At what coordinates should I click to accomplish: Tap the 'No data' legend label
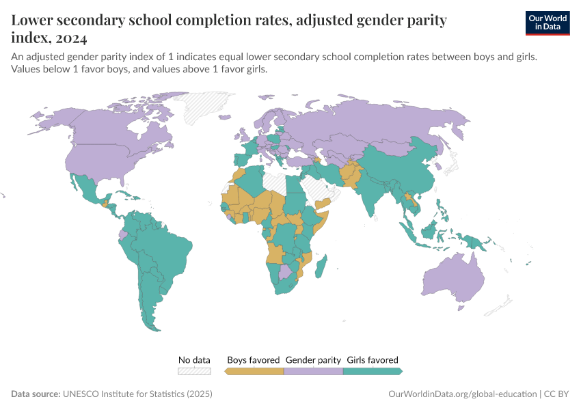click(194, 359)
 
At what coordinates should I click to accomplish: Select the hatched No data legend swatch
click(194, 371)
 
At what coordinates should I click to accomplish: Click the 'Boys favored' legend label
click(254, 359)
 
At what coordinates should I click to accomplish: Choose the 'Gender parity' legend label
click(313, 359)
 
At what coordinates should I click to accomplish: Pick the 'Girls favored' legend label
click(373, 359)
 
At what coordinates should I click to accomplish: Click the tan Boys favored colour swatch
click(254, 371)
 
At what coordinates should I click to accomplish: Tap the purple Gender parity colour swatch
click(313, 371)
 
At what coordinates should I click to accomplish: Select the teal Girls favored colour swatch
click(372, 371)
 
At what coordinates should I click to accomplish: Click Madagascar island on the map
click(323, 265)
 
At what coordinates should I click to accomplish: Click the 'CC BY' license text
click(557, 394)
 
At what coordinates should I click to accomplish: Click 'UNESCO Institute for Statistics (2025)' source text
click(137, 394)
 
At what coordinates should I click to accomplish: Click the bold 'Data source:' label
click(36, 394)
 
